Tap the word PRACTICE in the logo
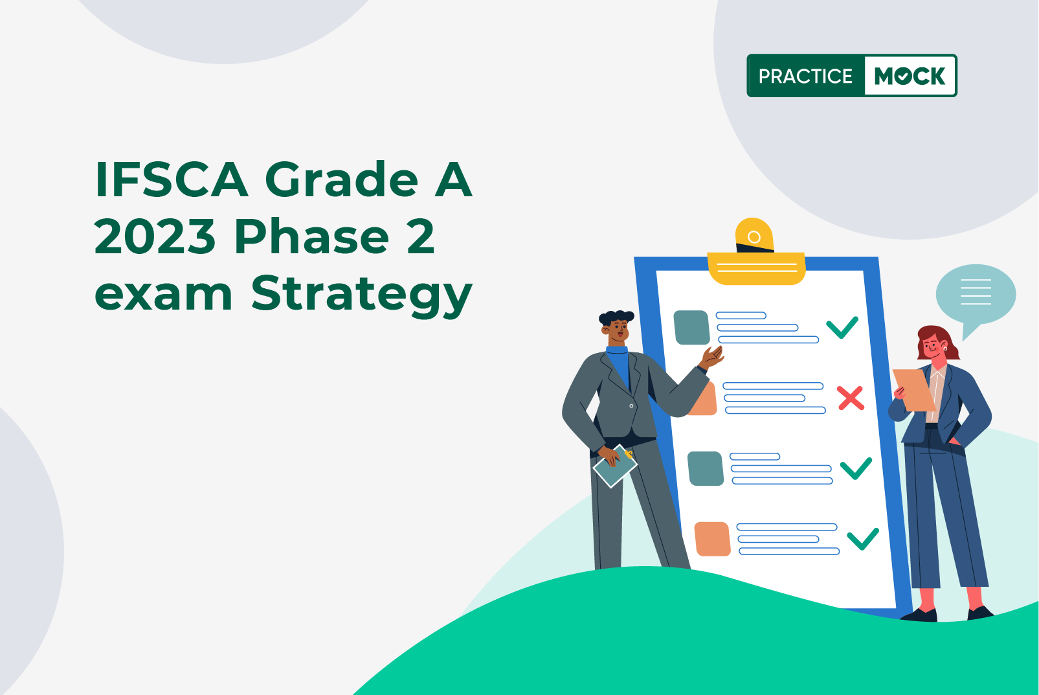805,76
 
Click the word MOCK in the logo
910,76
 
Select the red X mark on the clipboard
851,398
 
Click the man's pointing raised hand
713,358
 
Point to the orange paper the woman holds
914,390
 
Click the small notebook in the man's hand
615,466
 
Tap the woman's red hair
937,341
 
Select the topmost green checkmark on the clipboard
842,328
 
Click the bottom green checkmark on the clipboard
863,539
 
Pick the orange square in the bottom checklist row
713,539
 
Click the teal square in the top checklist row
691,328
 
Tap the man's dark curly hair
616,317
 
